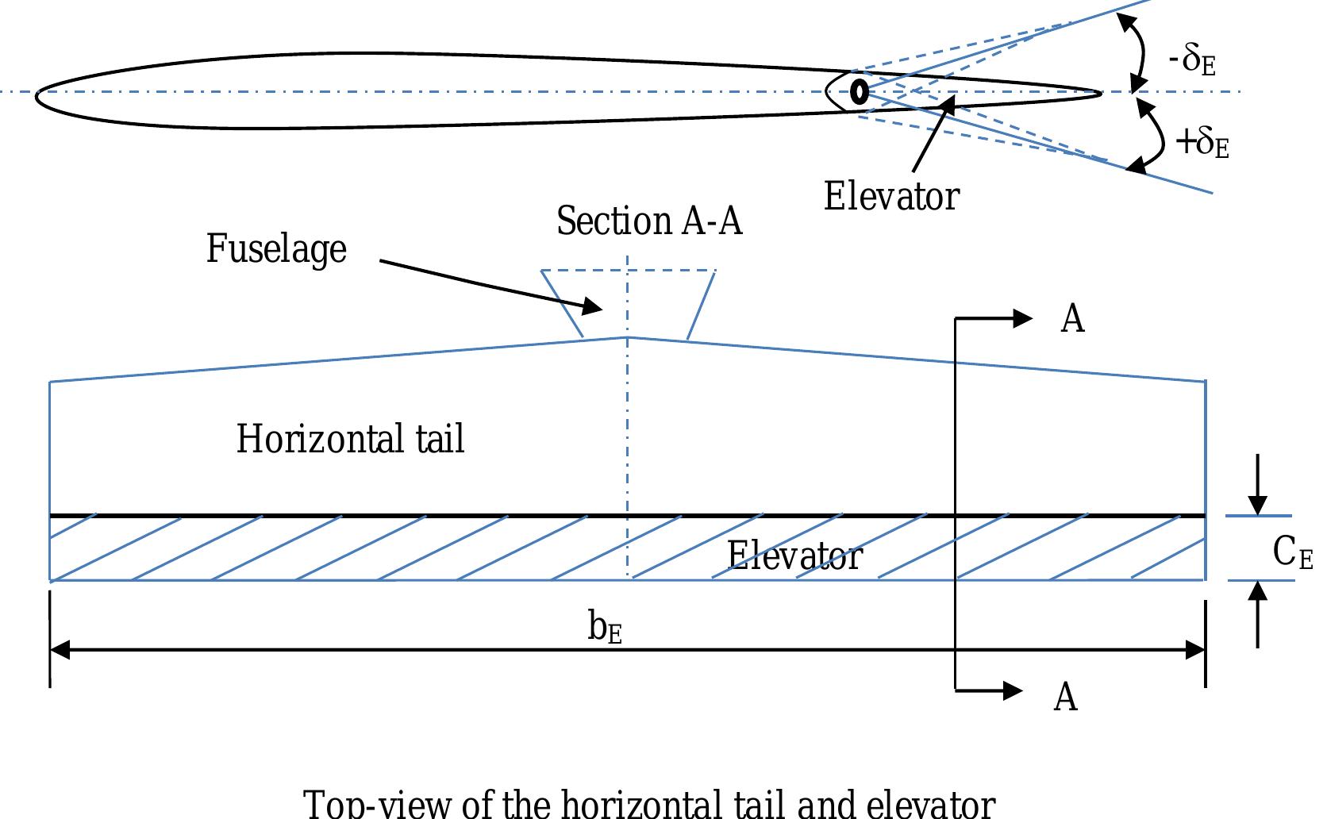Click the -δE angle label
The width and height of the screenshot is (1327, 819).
coord(1193,61)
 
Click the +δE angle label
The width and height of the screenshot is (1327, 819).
coord(1202,143)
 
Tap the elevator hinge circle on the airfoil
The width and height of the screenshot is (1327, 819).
coord(859,92)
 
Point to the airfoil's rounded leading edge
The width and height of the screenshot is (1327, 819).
coord(38,94)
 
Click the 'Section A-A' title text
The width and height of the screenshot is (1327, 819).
coord(649,221)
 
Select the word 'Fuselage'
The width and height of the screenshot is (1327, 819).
coord(276,248)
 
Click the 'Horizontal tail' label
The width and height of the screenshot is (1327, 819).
coord(350,439)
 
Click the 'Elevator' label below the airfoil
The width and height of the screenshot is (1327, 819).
coord(891,196)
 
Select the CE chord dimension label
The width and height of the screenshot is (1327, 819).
coord(1292,552)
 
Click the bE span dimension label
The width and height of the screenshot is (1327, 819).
coord(605,628)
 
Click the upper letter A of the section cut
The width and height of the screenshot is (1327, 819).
coord(1072,319)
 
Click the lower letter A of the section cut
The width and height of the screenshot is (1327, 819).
coord(1065,698)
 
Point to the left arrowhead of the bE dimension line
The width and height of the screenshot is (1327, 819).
coord(60,651)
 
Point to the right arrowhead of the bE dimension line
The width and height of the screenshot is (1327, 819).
coord(1195,651)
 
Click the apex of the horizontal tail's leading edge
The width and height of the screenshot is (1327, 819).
coord(628,337)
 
